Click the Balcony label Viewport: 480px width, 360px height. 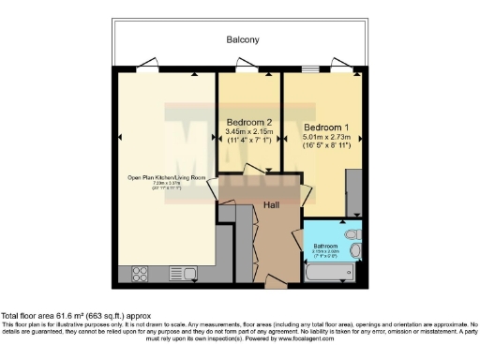pyautogui.click(x=242, y=40)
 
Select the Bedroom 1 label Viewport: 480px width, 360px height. pyautogui.click(x=326, y=127)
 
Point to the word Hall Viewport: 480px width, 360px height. pyautogui.click(x=271, y=204)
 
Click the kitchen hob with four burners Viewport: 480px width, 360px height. pyautogui.click(x=139, y=275)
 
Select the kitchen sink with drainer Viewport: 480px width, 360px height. pyautogui.click(x=181, y=275)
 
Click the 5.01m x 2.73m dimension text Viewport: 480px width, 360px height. pyautogui.click(x=326, y=137)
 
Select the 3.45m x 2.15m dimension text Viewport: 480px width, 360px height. pyautogui.click(x=249, y=132)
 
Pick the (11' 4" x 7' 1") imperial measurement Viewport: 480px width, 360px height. pyautogui.click(x=249, y=142)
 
